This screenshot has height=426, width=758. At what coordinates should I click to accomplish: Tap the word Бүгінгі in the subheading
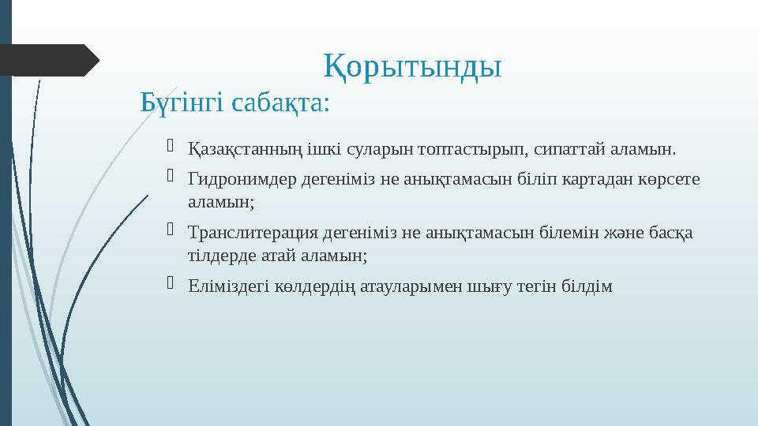point(178,103)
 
